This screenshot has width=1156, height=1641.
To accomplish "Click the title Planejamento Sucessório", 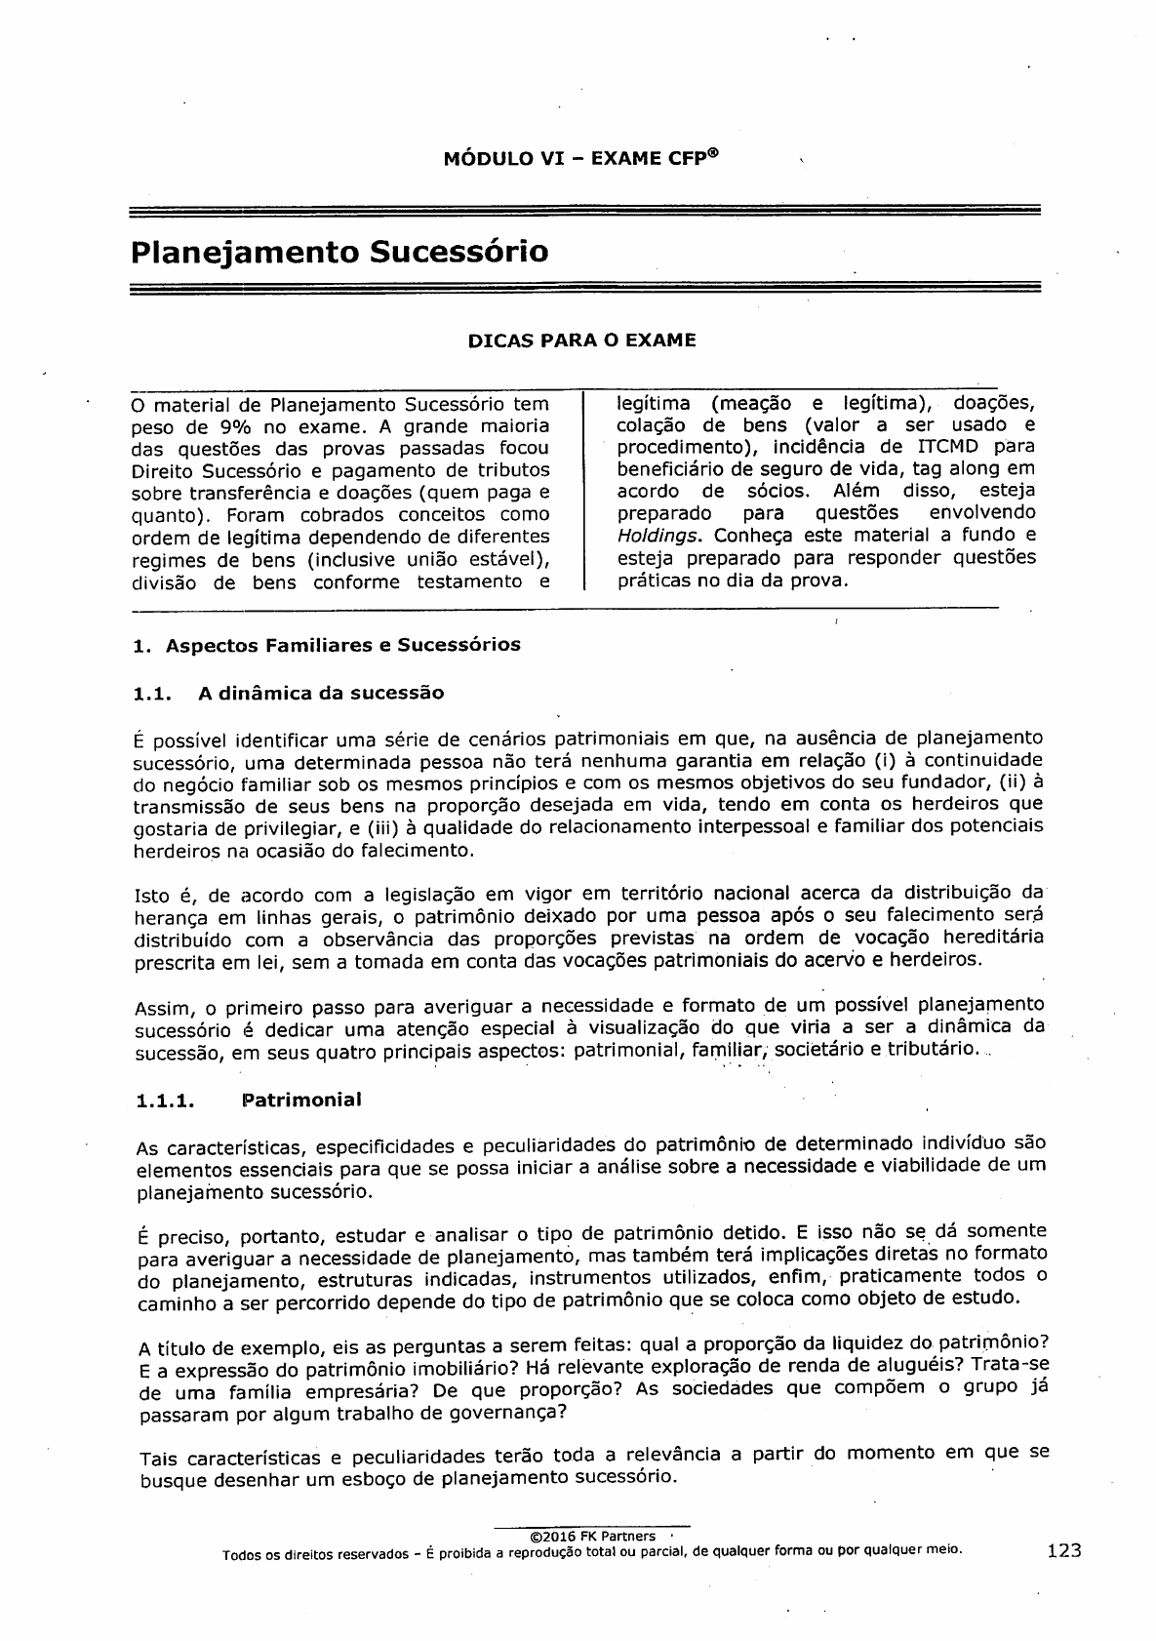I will pos(339,252).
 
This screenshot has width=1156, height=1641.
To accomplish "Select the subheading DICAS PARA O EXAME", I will pos(582,341).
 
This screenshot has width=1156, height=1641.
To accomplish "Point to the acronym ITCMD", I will pos(951,447).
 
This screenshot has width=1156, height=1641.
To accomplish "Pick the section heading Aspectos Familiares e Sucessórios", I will pos(343,645).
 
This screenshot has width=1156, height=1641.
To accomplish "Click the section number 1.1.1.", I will pos(166,1101).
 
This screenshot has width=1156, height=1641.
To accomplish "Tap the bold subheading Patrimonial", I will pos(299,1101).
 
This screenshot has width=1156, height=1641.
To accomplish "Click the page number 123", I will pos(1064,1551).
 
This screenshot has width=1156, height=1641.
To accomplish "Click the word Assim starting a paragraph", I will pos(159,1008).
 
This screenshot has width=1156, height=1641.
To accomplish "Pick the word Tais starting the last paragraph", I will pos(160,1460).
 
